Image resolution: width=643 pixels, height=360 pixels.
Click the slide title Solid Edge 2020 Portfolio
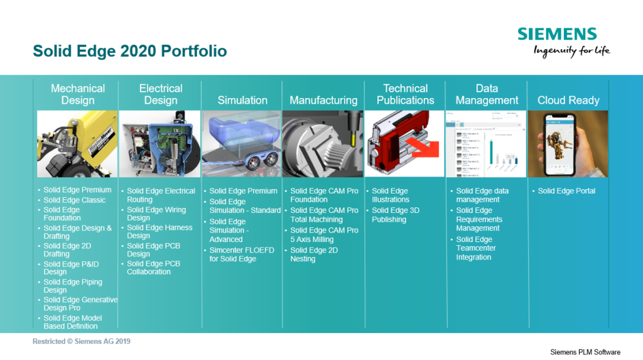click(x=129, y=51)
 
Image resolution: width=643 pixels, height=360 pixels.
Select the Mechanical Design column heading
click(x=78, y=94)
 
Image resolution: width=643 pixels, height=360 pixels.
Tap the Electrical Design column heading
click(x=161, y=94)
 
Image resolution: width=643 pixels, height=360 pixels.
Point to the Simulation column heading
click(x=242, y=100)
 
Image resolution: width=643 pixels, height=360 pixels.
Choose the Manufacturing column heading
click(x=323, y=100)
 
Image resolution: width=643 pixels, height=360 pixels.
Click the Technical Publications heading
click(x=405, y=94)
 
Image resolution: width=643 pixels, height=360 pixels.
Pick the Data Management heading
click(x=487, y=94)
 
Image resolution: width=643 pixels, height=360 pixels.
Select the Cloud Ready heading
click(x=568, y=100)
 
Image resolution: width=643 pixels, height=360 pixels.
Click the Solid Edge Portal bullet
click(x=566, y=191)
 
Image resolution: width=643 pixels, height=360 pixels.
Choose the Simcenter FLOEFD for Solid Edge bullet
click(x=242, y=254)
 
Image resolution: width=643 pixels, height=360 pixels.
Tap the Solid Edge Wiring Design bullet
click(x=156, y=214)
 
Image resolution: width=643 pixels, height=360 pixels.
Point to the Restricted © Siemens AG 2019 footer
click(x=82, y=341)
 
